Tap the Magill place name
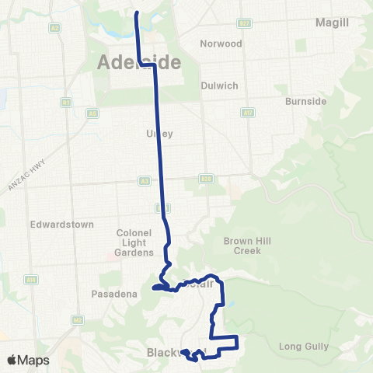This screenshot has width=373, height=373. pos(332,23)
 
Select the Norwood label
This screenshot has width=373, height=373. pos(221,44)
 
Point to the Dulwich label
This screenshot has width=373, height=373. pos(218,85)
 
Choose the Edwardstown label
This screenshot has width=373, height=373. pos(61,225)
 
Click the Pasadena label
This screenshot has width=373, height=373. pos(113,294)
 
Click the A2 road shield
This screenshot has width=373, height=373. pos(54,27)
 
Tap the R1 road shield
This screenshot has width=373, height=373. pos(66,102)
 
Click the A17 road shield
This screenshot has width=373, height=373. pos(248,112)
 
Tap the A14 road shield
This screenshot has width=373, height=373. pos(32,280)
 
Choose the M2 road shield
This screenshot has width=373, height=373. pos(77,319)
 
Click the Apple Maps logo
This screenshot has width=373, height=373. pos(28,360)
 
